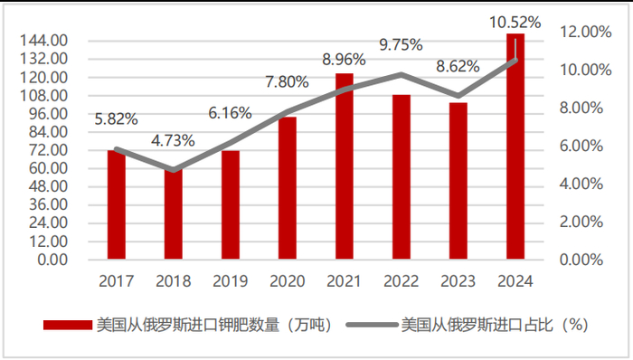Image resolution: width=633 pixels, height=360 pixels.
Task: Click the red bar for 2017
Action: coord(116,205)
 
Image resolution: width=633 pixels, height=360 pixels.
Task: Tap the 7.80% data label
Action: coord(287,82)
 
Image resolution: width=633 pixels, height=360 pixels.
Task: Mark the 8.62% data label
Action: coord(458,66)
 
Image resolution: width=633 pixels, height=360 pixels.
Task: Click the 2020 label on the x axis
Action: coord(287,281)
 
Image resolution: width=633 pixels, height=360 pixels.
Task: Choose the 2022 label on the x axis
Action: coord(402,281)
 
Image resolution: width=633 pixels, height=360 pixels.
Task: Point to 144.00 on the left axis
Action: coord(45,41)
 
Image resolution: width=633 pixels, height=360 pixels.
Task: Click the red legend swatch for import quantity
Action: coord(67,325)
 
